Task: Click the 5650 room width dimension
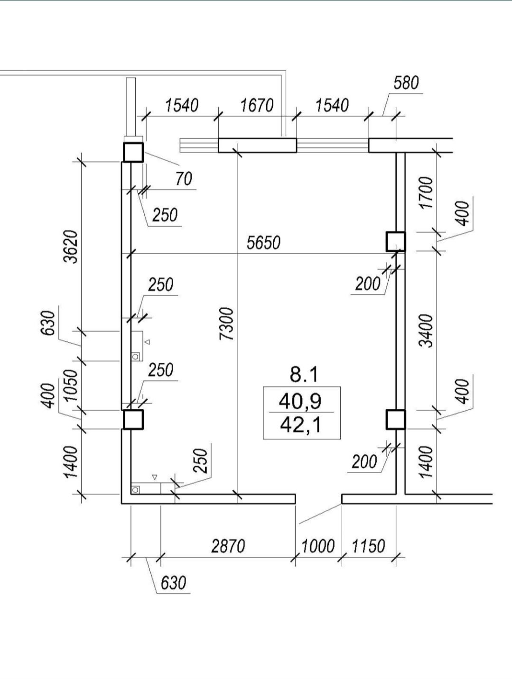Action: pyautogui.click(x=263, y=243)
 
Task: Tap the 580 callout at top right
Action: pyautogui.click(x=406, y=83)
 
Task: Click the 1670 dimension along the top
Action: pyautogui.click(x=257, y=105)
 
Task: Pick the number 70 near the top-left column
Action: pyautogui.click(x=184, y=179)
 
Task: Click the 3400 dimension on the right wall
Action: pyautogui.click(x=427, y=330)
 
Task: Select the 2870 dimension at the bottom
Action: pyautogui.click(x=228, y=546)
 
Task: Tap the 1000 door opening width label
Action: pyautogui.click(x=318, y=546)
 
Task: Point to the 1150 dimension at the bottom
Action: pyautogui.click(x=368, y=546)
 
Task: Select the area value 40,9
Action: pyautogui.click(x=300, y=401)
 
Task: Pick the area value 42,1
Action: pyautogui.click(x=300, y=425)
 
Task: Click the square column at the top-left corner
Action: pyautogui.click(x=133, y=152)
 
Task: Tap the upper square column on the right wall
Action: pyautogui.click(x=395, y=241)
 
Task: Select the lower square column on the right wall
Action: pyautogui.click(x=395, y=419)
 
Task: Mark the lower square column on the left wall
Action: pyautogui.click(x=133, y=419)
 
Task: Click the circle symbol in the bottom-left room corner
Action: pyautogui.click(x=135, y=489)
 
